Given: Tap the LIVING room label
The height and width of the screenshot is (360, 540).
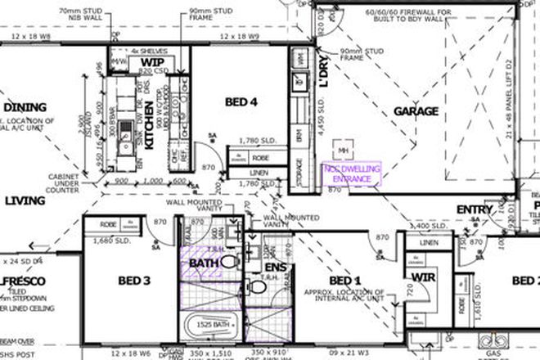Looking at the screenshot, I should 25,200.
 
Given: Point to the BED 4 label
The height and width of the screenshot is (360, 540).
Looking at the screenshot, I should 243,101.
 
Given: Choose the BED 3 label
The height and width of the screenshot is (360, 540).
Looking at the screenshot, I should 134,281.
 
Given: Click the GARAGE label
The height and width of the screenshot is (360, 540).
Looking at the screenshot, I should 416,111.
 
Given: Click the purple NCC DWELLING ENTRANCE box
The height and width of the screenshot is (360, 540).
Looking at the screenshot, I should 352,173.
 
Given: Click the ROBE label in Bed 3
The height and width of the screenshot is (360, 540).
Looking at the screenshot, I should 106,223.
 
